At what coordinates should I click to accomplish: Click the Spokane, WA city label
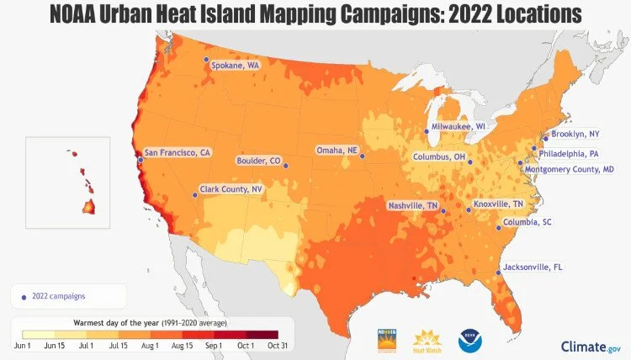pyautogui.click(x=235, y=65)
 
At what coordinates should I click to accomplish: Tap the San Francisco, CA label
pyautogui.click(x=177, y=153)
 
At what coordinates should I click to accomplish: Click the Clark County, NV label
pyautogui.click(x=231, y=189)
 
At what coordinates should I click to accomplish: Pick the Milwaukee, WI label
pyautogui.click(x=459, y=126)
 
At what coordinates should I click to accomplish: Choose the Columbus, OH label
pyautogui.click(x=439, y=156)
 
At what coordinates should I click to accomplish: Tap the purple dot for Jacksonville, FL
pyautogui.click(x=497, y=273)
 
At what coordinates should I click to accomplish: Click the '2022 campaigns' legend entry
pyautogui.click(x=58, y=295)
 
